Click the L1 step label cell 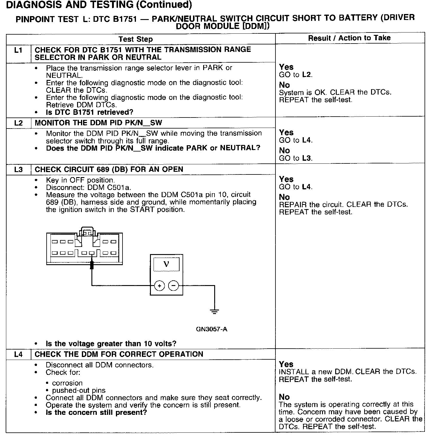(x=18, y=50)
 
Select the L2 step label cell (x=18, y=123)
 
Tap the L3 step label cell (x=18, y=169)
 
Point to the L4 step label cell (x=18, y=354)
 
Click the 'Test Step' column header (x=135, y=39)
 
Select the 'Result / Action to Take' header (x=349, y=38)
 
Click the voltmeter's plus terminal (x=160, y=286)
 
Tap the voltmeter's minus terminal (x=174, y=286)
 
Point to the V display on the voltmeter (x=166, y=264)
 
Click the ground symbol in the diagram (x=214, y=312)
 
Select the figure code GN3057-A (x=212, y=329)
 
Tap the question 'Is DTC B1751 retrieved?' (x=90, y=112)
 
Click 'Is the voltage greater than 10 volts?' (x=111, y=344)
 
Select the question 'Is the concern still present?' (x=96, y=412)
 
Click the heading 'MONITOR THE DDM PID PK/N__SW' (x=98, y=123)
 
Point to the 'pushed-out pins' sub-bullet (x=79, y=390)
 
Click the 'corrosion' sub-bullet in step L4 (x=67, y=383)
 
